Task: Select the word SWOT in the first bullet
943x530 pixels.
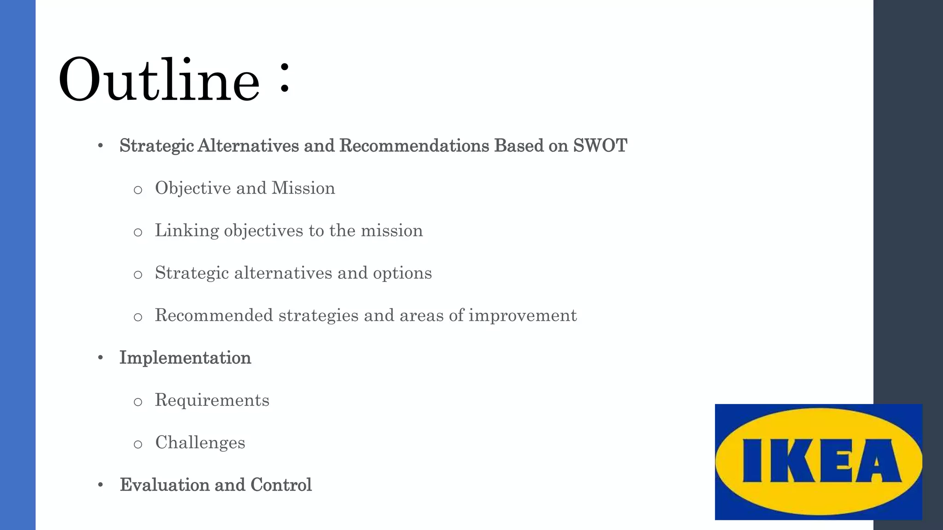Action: point(600,146)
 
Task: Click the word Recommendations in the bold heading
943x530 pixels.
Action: point(414,146)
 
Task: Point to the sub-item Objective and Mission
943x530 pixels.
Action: point(244,188)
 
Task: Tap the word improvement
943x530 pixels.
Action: point(523,316)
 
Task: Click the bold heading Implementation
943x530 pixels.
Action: point(185,358)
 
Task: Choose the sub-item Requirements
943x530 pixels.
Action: point(212,400)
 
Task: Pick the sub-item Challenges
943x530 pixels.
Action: point(200,443)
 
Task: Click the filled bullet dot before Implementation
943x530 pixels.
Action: point(100,358)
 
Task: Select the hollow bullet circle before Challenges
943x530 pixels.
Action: point(138,444)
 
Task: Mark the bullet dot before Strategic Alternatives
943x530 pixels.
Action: point(100,146)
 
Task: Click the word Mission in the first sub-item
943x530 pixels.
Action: point(303,188)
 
